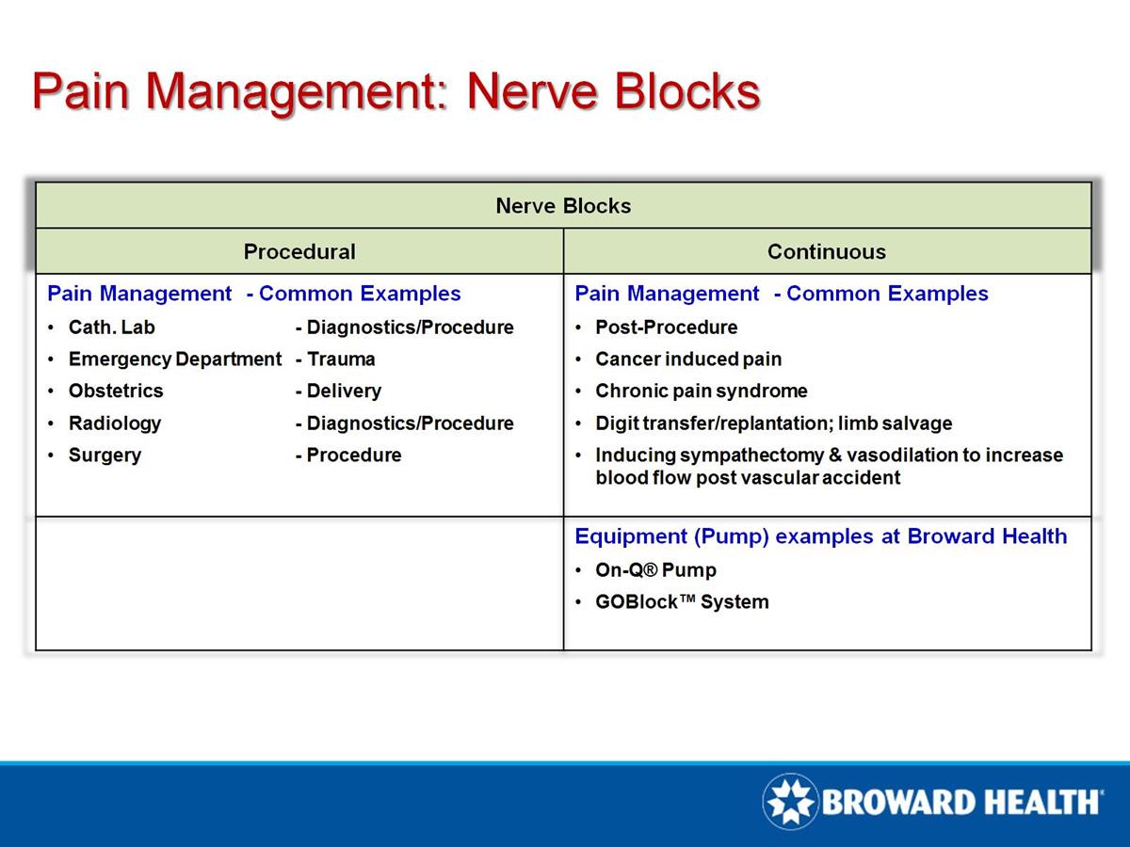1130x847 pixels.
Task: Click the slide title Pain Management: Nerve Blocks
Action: pyautogui.click(x=395, y=92)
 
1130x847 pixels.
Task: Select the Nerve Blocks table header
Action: pyautogui.click(x=563, y=205)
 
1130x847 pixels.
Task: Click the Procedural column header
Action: pyautogui.click(x=299, y=251)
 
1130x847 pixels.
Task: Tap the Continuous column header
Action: pyautogui.click(x=826, y=251)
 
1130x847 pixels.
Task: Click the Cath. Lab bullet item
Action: pyautogui.click(x=111, y=328)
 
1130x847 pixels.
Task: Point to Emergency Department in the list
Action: pyautogui.click(x=174, y=360)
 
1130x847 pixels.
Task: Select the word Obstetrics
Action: pyautogui.click(x=116, y=391)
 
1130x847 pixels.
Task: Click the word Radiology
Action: pyautogui.click(x=115, y=423)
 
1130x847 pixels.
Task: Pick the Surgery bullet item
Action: pyautogui.click(x=105, y=455)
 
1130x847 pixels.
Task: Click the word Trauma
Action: pyautogui.click(x=340, y=360)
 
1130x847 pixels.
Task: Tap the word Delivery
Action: pyautogui.click(x=344, y=391)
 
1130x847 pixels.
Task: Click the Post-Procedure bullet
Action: pyautogui.click(x=666, y=328)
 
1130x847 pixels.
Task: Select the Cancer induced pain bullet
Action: pyautogui.click(x=688, y=360)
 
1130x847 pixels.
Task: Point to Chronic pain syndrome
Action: pyautogui.click(x=701, y=391)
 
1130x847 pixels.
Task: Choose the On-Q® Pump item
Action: pyautogui.click(x=655, y=570)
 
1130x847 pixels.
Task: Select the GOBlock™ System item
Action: pyautogui.click(x=682, y=602)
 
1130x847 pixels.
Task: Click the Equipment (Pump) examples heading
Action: pyautogui.click(x=820, y=536)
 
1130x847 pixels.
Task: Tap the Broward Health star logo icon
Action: pyautogui.click(x=791, y=802)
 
